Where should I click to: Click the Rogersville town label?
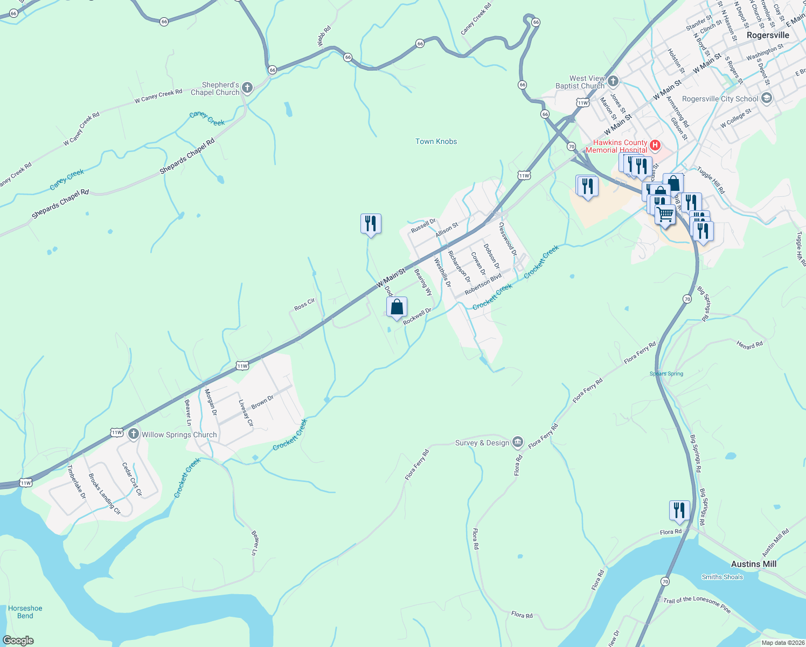(768, 35)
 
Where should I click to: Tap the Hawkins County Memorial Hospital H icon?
(655, 144)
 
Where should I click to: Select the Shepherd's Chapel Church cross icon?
(247, 88)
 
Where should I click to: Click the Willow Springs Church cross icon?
(134, 434)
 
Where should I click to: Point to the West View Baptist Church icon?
(613, 81)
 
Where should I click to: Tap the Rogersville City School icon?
(767, 98)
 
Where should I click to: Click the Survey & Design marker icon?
(517, 443)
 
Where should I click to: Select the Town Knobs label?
(436, 141)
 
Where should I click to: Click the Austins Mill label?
(754, 564)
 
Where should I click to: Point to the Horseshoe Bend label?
(25, 612)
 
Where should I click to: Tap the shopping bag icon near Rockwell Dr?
(397, 307)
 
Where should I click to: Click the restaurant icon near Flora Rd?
(679, 510)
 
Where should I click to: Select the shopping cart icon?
(665, 215)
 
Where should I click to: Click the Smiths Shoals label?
(722, 577)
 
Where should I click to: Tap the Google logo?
(18, 641)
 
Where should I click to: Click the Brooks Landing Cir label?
(105, 494)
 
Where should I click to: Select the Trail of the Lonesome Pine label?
(697, 604)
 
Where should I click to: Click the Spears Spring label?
(666, 374)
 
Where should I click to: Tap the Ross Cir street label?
(304, 305)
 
